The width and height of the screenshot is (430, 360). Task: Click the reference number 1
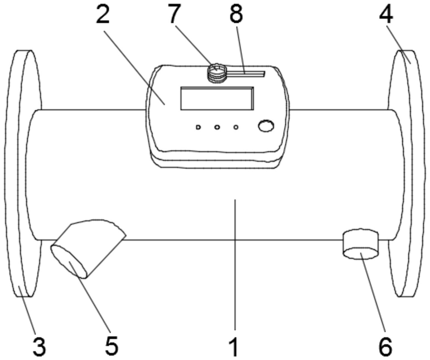[235, 346]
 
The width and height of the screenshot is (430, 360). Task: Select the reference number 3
[38, 346]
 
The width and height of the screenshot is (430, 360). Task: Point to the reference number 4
[386, 17]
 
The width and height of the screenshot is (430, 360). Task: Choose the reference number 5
[112, 346]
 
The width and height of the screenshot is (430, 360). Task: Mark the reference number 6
[385, 346]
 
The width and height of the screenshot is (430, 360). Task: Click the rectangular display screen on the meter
[216, 98]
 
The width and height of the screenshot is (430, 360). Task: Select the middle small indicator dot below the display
[217, 128]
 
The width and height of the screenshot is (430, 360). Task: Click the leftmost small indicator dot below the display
[198, 128]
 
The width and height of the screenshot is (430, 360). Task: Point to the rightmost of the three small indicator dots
[236, 128]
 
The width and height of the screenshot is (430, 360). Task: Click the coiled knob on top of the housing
[216, 72]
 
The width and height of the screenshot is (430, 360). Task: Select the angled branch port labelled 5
[88, 249]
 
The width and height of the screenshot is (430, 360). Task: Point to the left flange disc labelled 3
[22, 173]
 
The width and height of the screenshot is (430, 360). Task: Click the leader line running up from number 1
[235, 267]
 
